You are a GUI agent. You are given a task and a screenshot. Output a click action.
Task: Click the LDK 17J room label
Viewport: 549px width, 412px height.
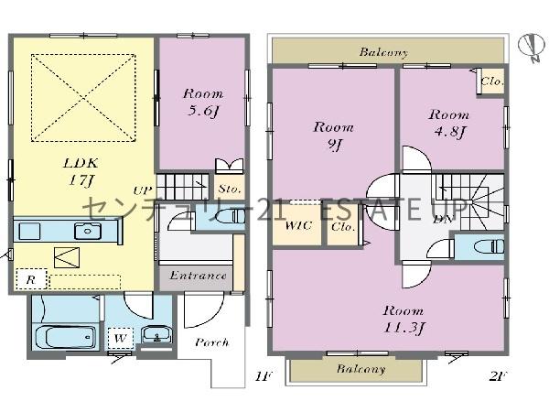tap(81, 172)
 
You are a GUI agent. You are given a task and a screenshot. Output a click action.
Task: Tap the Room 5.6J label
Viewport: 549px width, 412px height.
tap(203, 103)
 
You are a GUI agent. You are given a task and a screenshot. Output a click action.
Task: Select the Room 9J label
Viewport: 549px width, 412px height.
tap(333, 136)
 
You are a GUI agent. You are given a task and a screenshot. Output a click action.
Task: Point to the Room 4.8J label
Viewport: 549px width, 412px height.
tap(449, 124)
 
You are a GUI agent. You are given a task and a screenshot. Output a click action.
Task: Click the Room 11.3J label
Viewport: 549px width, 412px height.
tap(404, 320)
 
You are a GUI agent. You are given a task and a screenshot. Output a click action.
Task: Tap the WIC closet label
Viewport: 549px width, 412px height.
tap(298, 226)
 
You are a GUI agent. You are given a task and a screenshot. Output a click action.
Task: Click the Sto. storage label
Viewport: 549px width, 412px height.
tap(230, 190)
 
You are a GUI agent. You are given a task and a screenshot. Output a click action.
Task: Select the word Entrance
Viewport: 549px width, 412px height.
tap(198, 276)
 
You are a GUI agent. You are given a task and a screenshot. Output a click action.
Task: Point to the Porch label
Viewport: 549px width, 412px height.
tap(212, 342)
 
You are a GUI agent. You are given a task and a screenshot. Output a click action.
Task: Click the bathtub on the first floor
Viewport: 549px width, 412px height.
tap(66, 337)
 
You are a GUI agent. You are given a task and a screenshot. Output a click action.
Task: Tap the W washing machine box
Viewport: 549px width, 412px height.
tap(121, 339)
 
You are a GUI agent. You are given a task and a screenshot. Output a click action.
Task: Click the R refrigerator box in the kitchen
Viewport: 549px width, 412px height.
tap(31, 279)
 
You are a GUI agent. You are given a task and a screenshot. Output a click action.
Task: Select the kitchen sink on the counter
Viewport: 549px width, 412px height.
tap(88, 232)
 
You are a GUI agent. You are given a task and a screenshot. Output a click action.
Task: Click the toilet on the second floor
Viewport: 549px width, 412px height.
tap(490, 246)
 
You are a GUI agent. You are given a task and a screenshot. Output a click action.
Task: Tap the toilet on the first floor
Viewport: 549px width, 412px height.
tap(230, 216)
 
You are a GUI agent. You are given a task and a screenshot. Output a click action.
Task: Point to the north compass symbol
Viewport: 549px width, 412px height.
tap(532, 48)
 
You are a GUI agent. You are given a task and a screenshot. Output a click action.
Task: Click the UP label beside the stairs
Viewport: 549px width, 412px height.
tap(143, 190)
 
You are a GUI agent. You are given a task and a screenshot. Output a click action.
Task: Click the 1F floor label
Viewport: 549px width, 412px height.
tap(264, 376)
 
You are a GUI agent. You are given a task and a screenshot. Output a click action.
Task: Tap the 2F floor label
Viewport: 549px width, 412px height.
tap(499, 376)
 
